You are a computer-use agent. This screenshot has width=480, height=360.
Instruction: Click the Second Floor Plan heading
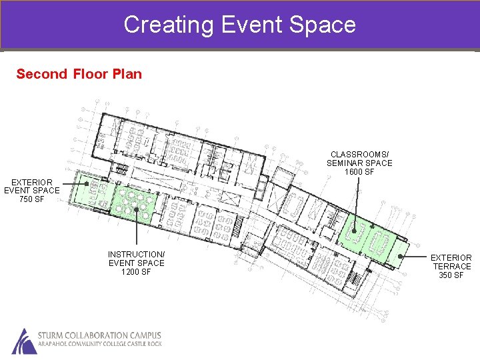(79, 74)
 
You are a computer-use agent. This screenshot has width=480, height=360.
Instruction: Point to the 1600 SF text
(359, 172)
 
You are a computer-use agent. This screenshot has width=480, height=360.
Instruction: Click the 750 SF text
(32, 199)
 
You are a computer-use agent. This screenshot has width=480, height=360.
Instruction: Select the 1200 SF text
(136, 272)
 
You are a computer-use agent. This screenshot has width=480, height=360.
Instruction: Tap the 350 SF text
(451, 275)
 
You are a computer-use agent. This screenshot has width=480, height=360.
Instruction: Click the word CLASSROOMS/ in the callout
(359, 154)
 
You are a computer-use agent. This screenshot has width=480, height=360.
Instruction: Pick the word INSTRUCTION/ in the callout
(136, 254)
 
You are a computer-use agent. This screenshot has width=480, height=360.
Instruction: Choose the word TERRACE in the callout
(451, 267)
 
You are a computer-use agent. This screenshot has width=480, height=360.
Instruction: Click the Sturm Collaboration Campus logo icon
(24, 341)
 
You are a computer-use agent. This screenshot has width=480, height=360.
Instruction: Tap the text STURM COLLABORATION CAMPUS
(99, 335)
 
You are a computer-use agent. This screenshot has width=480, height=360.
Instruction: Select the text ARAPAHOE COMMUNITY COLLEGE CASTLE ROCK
(99, 345)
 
